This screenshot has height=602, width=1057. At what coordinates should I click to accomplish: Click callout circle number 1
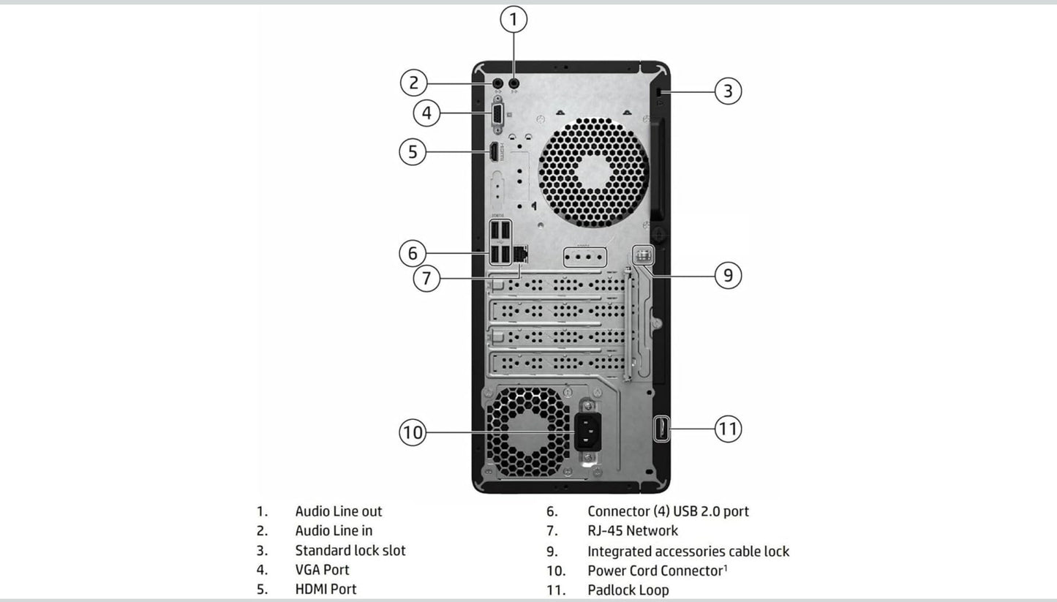pyautogui.click(x=514, y=20)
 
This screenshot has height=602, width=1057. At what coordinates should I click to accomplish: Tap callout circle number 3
pyautogui.click(x=728, y=91)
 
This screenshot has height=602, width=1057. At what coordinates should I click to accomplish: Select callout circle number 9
pyautogui.click(x=728, y=276)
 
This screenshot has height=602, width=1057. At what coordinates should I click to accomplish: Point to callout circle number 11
pyautogui.click(x=728, y=429)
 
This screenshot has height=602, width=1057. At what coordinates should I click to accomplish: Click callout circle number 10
pyautogui.click(x=413, y=432)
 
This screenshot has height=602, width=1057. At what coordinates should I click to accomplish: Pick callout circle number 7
pyautogui.click(x=426, y=278)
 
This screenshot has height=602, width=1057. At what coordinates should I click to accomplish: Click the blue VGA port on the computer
pyautogui.click(x=497, y=115)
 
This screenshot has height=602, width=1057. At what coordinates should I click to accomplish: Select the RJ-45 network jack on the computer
pyautogui.click(x=520, y=254)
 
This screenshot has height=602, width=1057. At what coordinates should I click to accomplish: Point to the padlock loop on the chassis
pyautogui.click(x=661, y=429)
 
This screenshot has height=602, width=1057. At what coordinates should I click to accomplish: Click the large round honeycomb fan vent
pyautogui.click(x=593, y=172)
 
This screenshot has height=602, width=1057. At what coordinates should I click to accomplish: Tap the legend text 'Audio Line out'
pyautogui.click(x=338, y=511)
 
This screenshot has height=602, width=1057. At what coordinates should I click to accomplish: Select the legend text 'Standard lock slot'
pyautogui.click(x=350, y=550)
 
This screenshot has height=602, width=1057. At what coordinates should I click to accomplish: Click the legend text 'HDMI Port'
pyautogui.click(x=326, y=589)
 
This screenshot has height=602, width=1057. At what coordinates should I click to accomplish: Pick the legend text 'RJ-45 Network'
pyautogui.click(x=632, y=530)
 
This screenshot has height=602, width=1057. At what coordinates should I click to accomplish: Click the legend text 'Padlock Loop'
pyautogui.click(x=628, y=590)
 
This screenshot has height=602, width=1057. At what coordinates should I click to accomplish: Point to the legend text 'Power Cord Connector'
pyautogui.click(x=655, y=571)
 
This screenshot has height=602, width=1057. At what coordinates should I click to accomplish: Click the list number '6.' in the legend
pyautogui.click(x=552, y=511)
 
